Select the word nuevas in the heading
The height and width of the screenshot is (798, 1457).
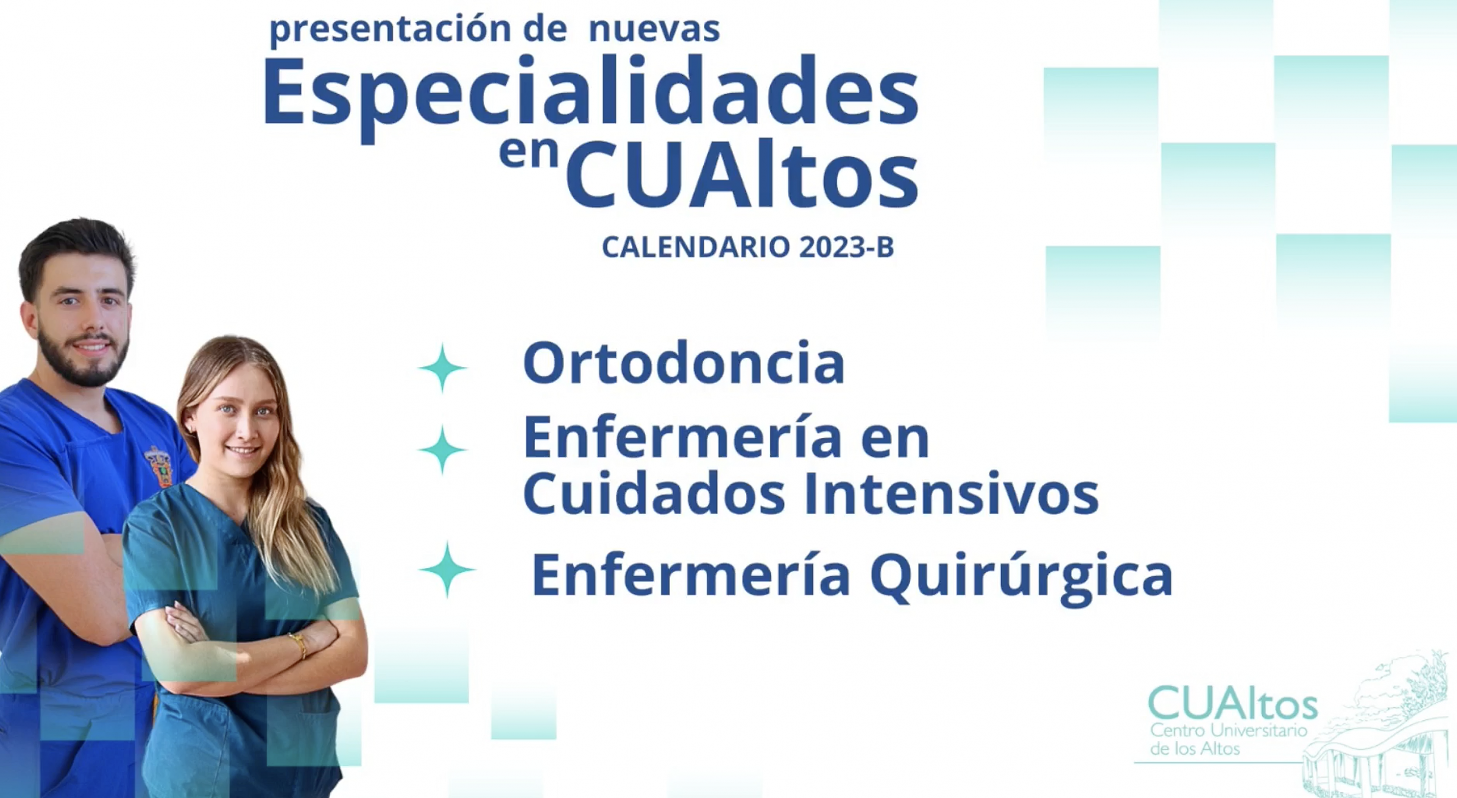tap(654, 30)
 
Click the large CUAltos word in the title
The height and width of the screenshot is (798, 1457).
tap(742, 172)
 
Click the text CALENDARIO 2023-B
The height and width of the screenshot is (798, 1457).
tap(748, 247)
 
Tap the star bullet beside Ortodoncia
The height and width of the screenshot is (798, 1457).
tap(442, 368)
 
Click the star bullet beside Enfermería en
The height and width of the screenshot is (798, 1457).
tap(442, 450)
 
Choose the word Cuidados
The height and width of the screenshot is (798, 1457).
tap(654, 493)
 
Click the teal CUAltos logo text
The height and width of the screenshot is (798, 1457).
tap(1233, 702)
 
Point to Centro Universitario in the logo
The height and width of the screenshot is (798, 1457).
tap(1229, 731)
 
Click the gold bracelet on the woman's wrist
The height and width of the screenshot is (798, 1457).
tap(299, 645)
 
